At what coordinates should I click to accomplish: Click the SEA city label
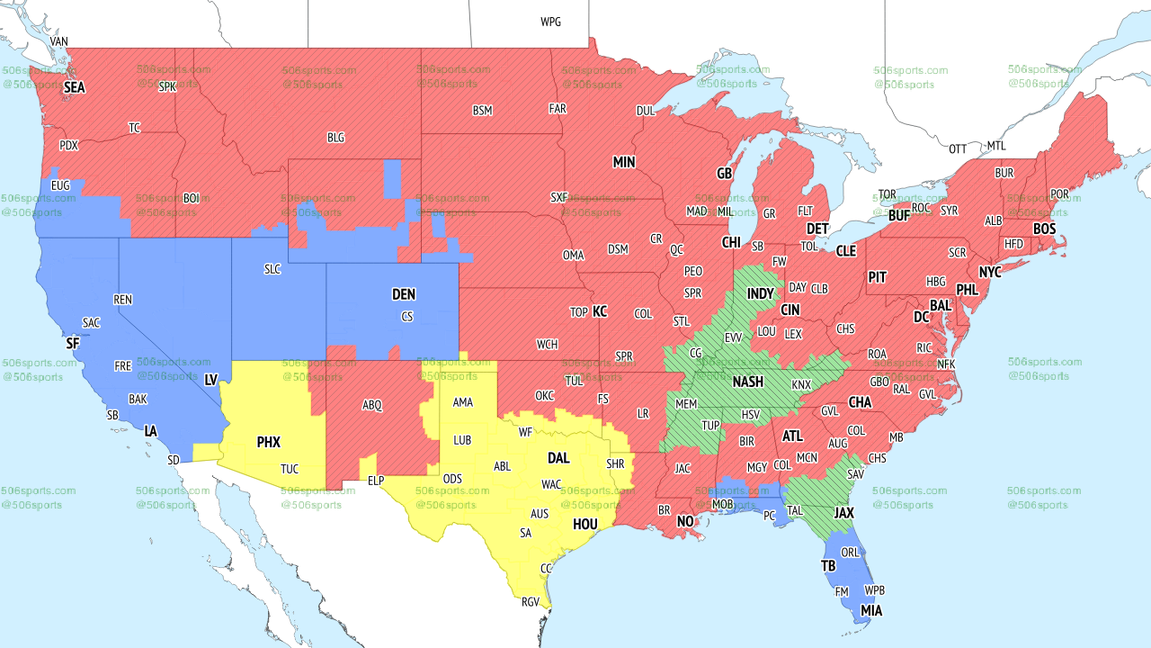(75, 88)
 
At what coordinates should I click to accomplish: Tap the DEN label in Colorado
(404, 294)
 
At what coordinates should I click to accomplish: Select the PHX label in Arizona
(268, 442)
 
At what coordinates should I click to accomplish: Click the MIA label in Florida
(870, 610)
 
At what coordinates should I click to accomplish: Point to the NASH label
(747, 382)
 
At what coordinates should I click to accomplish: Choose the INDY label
(760, 294)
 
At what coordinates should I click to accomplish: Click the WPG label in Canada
(550, 22)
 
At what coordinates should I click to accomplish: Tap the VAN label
(59, 41)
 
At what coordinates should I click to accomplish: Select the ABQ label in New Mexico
(372, 405)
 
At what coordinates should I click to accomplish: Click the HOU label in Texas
(585, 524)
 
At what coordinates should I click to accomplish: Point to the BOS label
(1044, 229)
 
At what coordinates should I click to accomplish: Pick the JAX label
(843, 512)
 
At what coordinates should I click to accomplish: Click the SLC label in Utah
(272, 268)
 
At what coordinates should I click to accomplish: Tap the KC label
(600, 311)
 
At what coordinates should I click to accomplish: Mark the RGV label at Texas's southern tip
(531, 602)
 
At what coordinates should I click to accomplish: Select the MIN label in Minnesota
(624, 163)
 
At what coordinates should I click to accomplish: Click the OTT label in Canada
(958, 148)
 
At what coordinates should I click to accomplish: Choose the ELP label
(376, 481)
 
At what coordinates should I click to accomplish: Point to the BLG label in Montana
(335, 138)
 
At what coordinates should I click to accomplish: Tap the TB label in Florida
(828, 565)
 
